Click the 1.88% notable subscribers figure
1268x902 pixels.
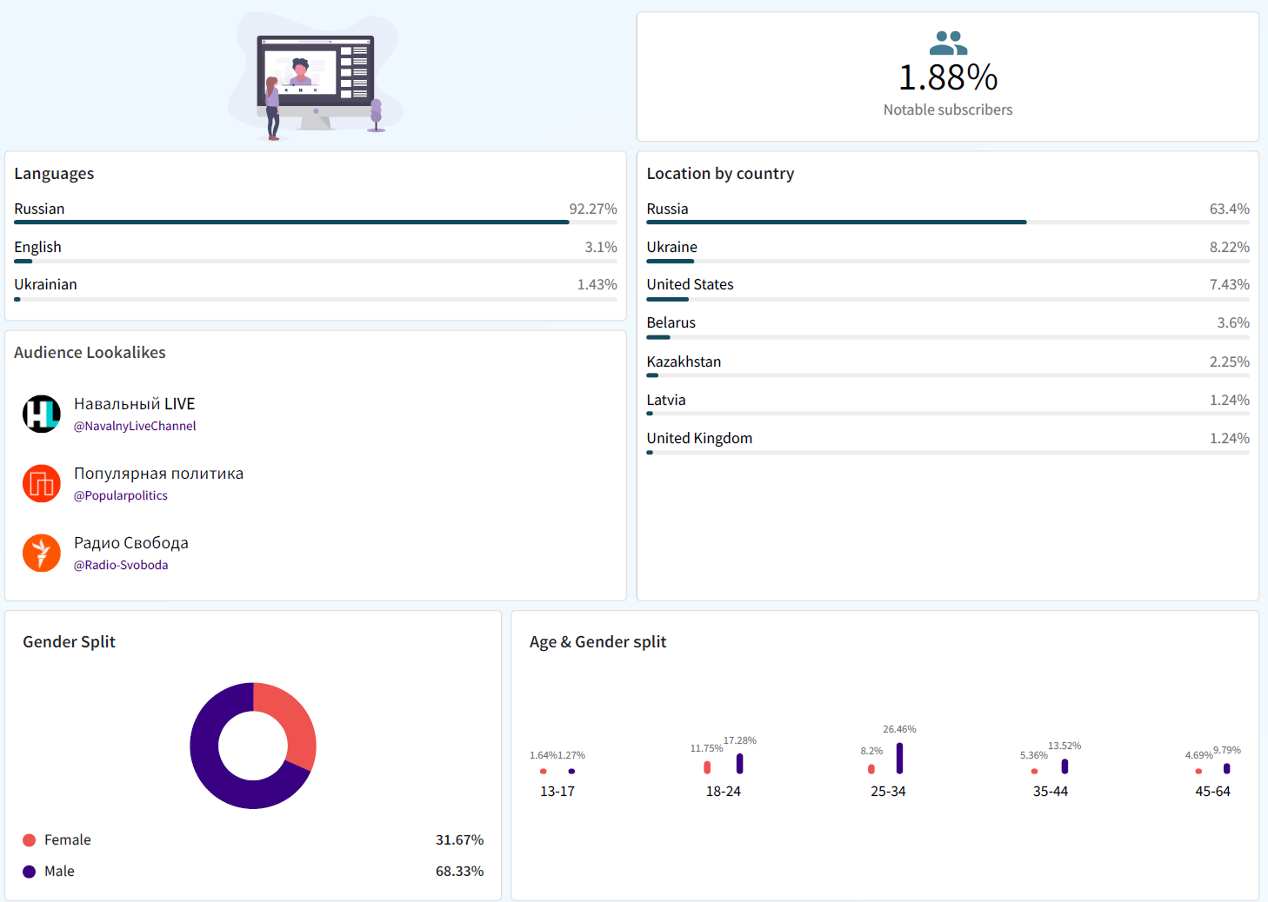click(x=948, y=78)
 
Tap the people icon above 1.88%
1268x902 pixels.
click(x=948, y=43)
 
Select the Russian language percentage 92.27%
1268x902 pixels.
click(x=592, y=209)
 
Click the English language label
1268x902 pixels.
click(x=37, y=248)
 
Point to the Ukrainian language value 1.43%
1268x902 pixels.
click(x=597, y=285)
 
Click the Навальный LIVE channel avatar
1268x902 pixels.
click(x=42, y=414)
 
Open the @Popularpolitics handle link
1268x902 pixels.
click(x=121, y=495)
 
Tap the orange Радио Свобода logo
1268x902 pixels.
click(x=42, y=553)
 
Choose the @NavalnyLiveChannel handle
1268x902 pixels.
click(x=135, y=426)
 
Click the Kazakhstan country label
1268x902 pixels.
click(x=684, y=362)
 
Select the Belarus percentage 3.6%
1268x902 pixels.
click(x=1232, y=323)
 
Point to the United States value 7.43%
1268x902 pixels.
click(x=1229, y=285)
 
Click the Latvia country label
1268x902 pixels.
click(x=666, y=401)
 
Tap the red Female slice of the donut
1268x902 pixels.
click(x=296, y=721)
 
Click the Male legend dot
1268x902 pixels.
click(x=30, y=872)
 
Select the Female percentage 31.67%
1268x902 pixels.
click(x=459, y=840)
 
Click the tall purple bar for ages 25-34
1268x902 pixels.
click(x=899, y=758)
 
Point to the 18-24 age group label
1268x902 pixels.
click(x=724, y=792)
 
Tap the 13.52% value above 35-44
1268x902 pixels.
click(x=1064, y=746)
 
